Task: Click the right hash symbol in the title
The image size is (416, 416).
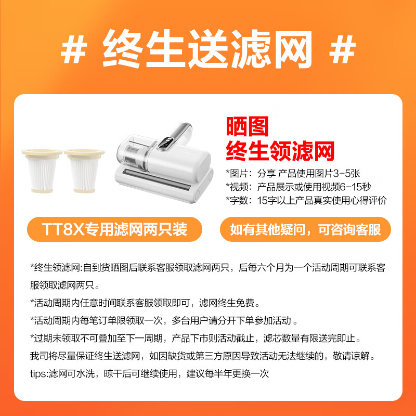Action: tap(343, 49)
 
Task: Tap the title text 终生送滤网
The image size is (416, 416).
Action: tap(208, 49)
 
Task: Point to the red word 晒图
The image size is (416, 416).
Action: tap(248, 127)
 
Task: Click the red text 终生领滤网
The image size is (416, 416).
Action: tap(280, 151)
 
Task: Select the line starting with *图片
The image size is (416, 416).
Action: tap(293, 173)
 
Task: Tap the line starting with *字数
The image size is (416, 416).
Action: tap(306, 200)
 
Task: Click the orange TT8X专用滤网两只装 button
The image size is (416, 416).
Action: tap(114, 229)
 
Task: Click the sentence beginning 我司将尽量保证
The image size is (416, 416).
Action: tap(202, 356)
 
